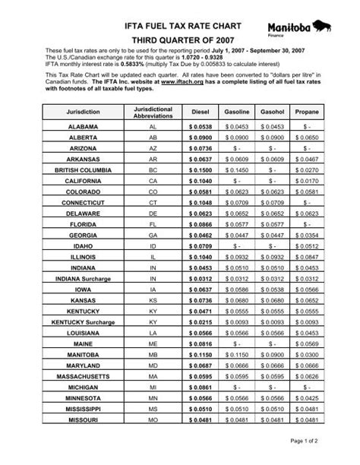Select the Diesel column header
[x=204, y=111]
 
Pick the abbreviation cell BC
[x=153, y=171]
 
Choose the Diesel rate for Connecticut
[x=204, y=205]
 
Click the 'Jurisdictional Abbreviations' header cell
[x=153, y=111]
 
